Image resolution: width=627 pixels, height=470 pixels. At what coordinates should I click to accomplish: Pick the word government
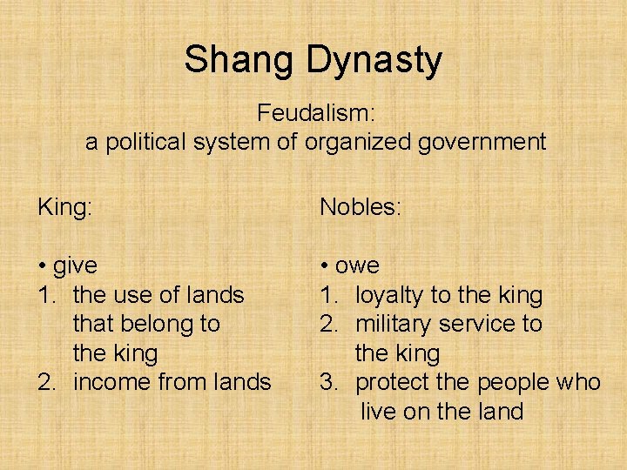point(484,142)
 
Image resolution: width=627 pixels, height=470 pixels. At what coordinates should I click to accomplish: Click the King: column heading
point(66,207)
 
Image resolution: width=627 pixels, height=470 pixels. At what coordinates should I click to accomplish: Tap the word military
point(394,325)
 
